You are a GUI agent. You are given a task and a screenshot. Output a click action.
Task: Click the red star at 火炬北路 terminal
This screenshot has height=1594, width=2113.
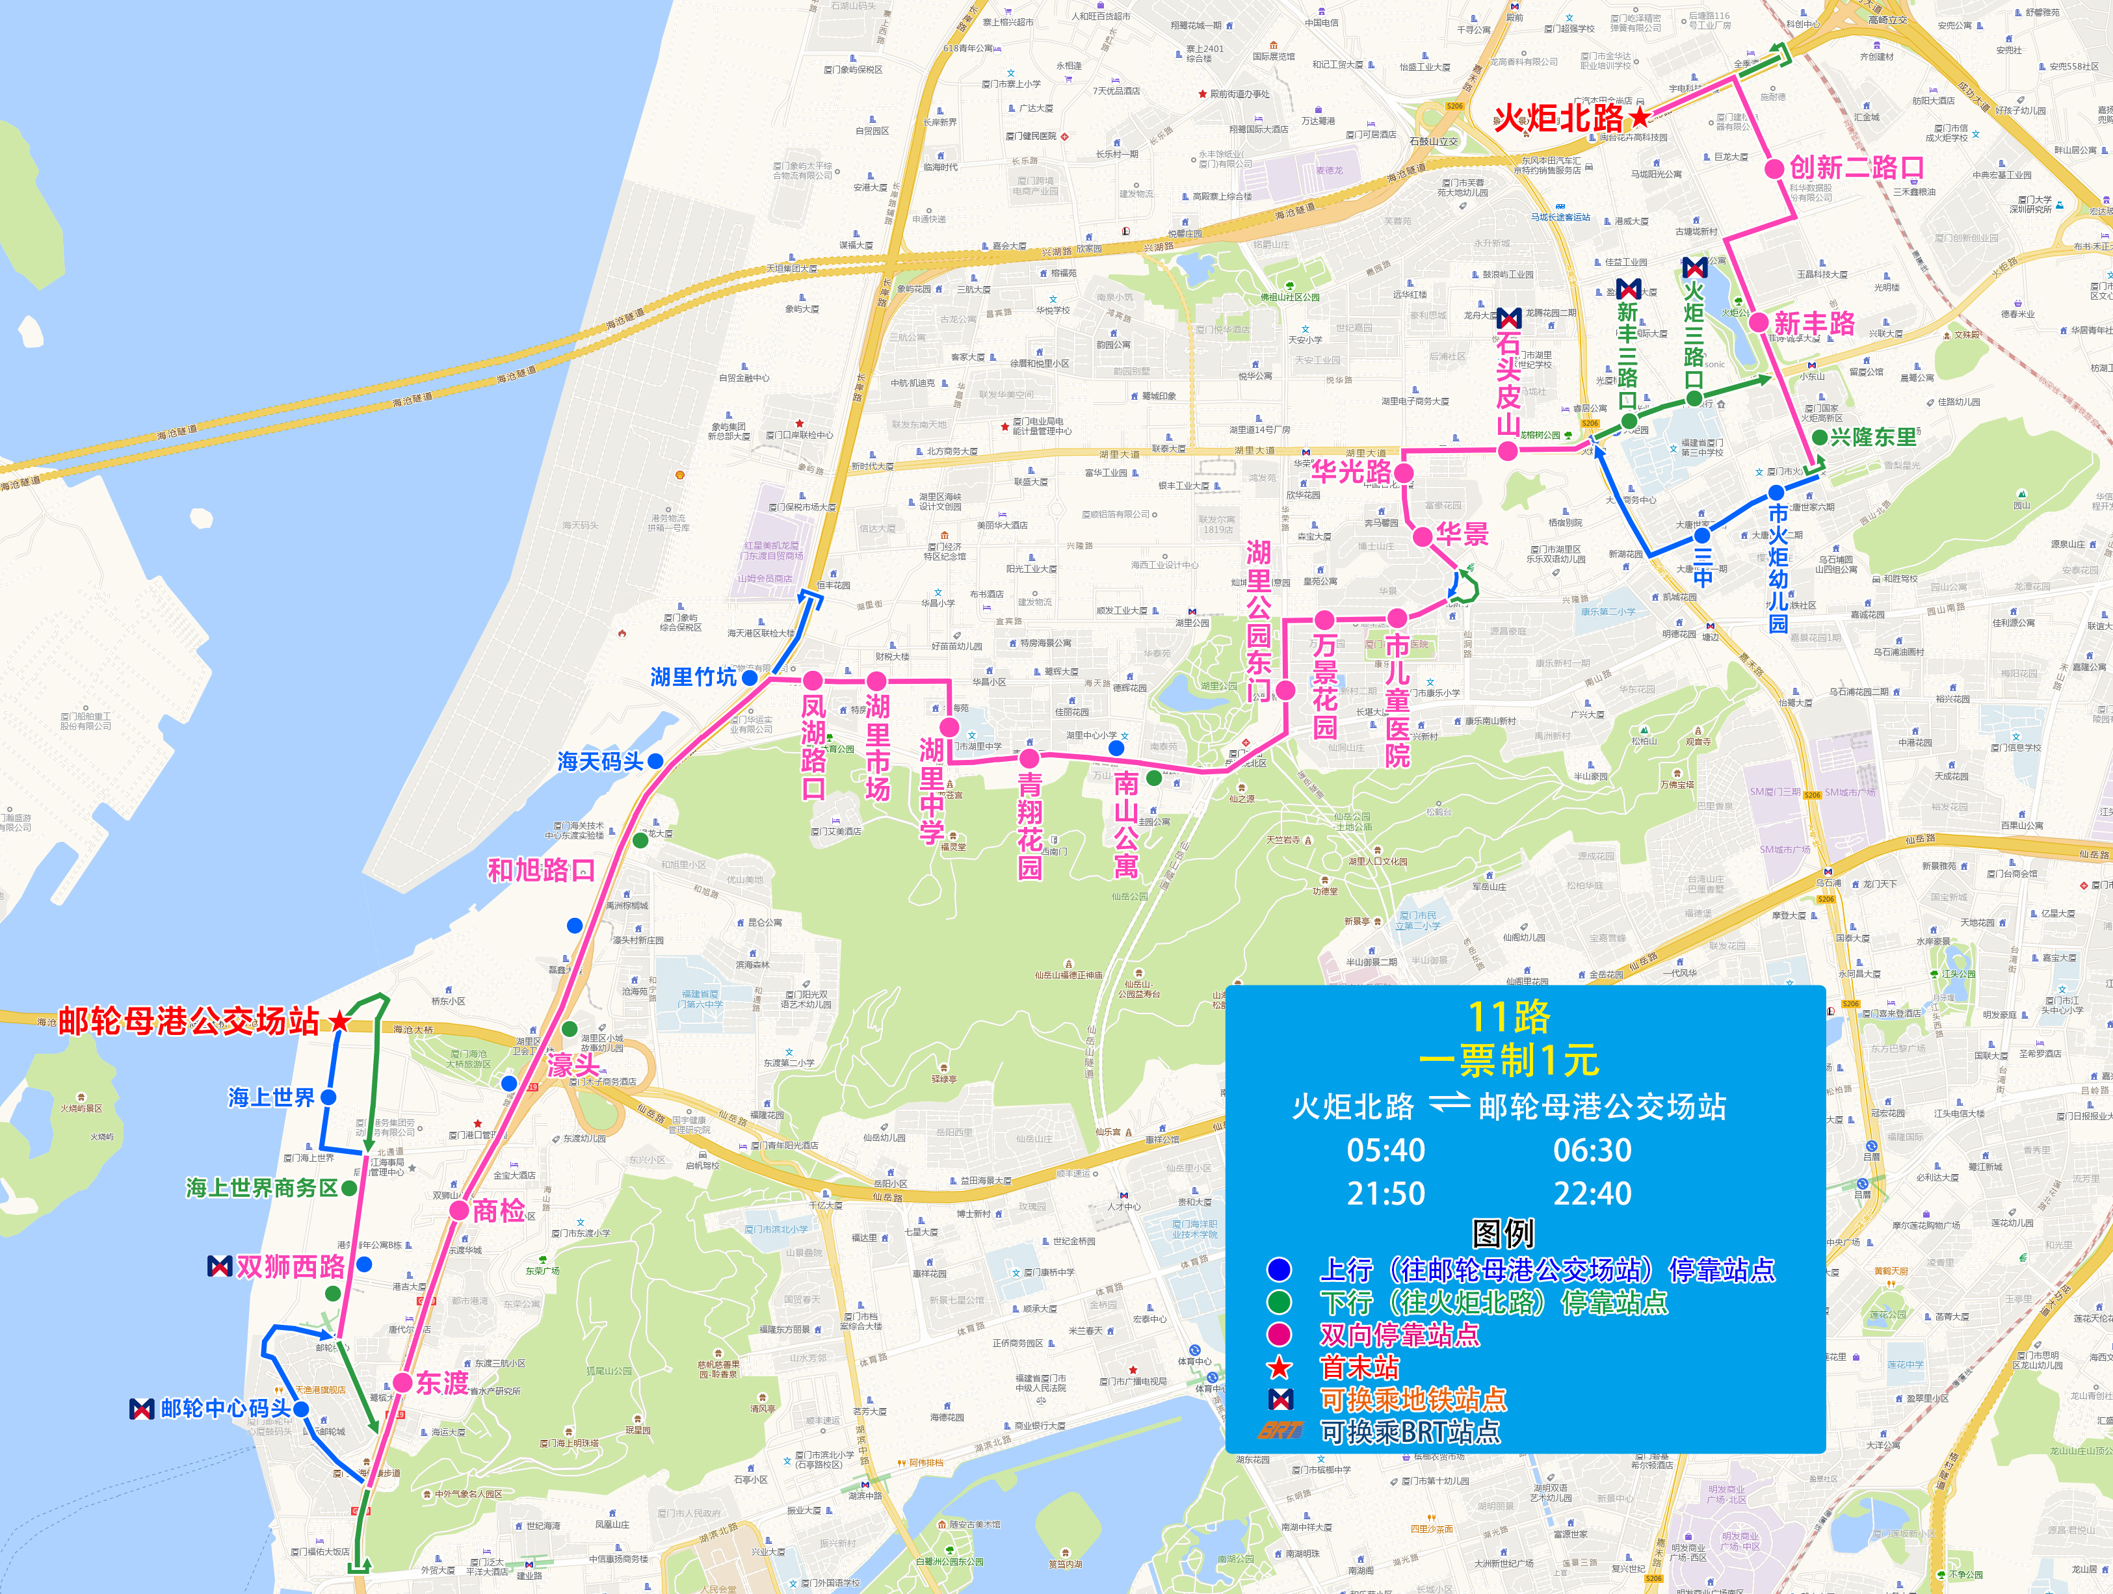[x=1639, y=118]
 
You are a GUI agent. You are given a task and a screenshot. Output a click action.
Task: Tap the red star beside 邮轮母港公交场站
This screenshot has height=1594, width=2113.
[x=339, y=1021]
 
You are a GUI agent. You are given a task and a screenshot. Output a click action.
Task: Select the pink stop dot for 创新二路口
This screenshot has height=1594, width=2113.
[x=1774, y=169]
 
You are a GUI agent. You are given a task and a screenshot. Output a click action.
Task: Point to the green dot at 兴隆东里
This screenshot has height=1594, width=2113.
[x=1820, y=438]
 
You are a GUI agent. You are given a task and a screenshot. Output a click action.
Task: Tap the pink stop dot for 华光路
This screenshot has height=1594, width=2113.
[x=1403, y=472]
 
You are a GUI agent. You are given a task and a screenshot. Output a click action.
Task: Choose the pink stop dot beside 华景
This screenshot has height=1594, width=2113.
[x=1423, y=536]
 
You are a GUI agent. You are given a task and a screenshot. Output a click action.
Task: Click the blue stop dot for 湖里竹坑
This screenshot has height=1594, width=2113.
[x=750, y=677]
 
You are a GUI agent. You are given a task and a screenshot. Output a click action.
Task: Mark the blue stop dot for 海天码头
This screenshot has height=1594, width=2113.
[x=655, y=761]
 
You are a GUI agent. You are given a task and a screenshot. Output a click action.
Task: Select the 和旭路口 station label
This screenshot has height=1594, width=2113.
[x=541, y=870]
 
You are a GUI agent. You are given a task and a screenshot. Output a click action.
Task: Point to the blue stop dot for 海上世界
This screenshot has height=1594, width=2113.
[x=328, y=1097]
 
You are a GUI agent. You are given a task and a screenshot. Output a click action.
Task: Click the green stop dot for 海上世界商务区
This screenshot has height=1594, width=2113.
[x=350, y=1188]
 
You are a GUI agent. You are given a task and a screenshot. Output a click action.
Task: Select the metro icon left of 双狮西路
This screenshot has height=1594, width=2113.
[x=220, y=1266]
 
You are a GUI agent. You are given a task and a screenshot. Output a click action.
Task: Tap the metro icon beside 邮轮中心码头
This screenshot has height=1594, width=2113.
[x=141, y=1408]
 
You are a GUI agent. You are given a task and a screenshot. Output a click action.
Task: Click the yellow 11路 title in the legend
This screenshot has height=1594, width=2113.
[x=1508, y=1017]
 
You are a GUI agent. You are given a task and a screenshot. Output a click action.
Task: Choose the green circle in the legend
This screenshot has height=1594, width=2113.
[x=1279, y=1301]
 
